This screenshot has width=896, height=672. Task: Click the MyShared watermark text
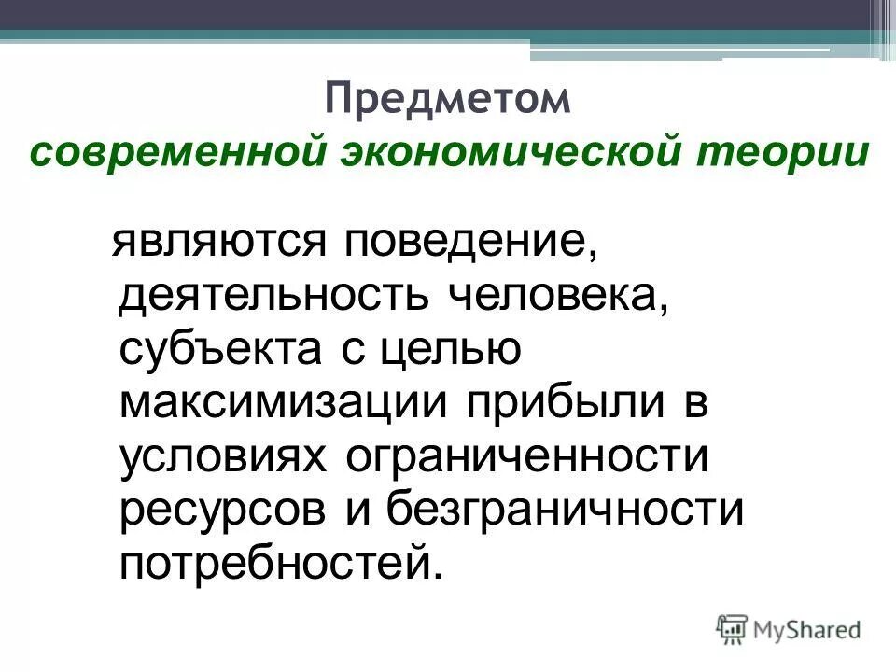coord(805,630)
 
